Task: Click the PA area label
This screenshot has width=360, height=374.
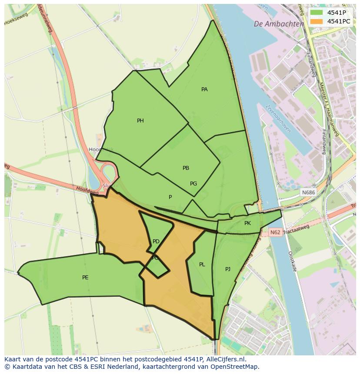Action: coord(204,89)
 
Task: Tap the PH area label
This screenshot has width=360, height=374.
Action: coord(140,121)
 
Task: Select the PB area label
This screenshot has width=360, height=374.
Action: coord(186,168)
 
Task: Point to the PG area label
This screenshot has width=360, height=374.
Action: coord(193,184)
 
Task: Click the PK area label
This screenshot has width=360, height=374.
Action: coord(247,223)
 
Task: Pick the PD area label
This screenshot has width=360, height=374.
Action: coord(156,242)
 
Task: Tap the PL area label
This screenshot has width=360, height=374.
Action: coord(202,265)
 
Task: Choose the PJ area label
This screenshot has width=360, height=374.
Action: coord(228,269)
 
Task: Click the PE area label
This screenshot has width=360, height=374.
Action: coord(85,278)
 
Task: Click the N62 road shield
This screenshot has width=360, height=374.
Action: coord(275,232)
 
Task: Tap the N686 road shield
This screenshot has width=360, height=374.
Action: coord(308,192)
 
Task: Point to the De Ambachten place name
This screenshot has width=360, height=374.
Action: coord(279,24)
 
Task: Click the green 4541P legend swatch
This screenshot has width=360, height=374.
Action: coord(316,13)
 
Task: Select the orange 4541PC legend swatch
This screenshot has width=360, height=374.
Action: coord(316,21)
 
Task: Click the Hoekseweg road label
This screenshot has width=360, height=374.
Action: coord(16,19)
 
